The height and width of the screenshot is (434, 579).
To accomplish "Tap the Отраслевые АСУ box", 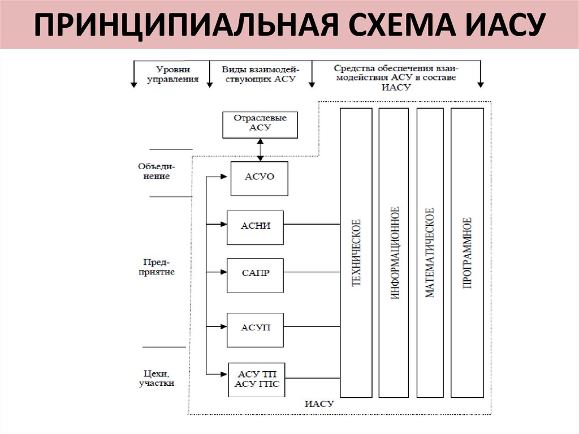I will [260, 124].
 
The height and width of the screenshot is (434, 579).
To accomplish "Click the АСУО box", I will [260, 177].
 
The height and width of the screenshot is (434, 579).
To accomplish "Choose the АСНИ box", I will [255, 226].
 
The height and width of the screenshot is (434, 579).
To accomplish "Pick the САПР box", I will [255, 274].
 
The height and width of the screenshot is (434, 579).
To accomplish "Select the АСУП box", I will [255, 328].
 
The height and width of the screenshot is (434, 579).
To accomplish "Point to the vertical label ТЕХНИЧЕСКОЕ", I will [356, 252].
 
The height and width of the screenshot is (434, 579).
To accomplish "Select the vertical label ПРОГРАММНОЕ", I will [467, 252].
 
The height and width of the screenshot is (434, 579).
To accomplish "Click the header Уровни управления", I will [172, 74].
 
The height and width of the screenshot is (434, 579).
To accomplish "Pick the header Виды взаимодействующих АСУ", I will [259, 74].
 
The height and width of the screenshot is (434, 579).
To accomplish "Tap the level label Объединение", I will [157, 171].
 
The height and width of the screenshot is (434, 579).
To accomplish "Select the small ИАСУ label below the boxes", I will [319, 404].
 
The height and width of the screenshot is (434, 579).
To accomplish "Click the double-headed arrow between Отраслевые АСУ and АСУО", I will [260, 149].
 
